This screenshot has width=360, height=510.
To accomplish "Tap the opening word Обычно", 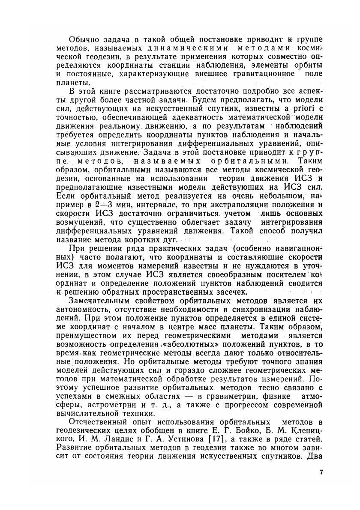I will coord(83,39).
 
